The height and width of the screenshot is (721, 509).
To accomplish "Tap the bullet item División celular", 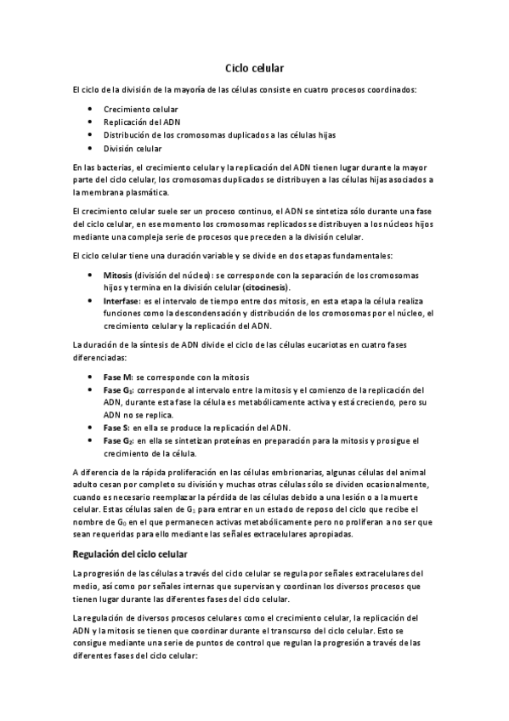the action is [133, 148].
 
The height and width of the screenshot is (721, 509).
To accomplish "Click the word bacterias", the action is [114, 167].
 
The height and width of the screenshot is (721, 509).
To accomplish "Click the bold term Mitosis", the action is [117, 275].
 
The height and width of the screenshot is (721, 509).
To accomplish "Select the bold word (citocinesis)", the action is [263, 288].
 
